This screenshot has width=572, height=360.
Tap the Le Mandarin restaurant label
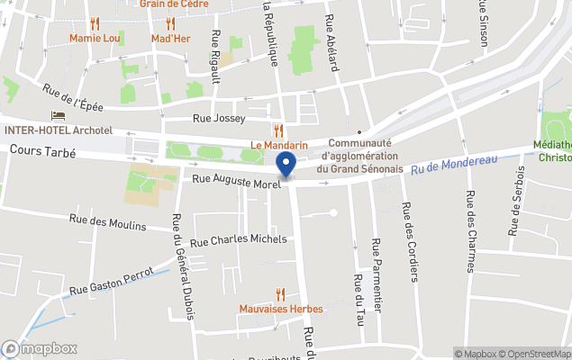pos(279,146)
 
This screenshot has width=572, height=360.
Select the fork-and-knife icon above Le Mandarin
pos(279,131)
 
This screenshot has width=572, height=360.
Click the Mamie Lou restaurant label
pos(95,39)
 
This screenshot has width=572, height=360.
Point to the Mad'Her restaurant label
pos(169,39)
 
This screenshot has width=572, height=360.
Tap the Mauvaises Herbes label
pos(281,309)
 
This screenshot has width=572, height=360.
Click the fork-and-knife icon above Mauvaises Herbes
pos(281,294)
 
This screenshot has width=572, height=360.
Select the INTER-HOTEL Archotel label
pos(59,130)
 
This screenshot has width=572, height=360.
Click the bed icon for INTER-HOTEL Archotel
pos(59,117)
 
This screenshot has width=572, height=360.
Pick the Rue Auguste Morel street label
pos(237,181)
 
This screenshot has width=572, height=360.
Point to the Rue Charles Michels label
pos(238,240)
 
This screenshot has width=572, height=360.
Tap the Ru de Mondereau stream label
pos(454,166)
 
